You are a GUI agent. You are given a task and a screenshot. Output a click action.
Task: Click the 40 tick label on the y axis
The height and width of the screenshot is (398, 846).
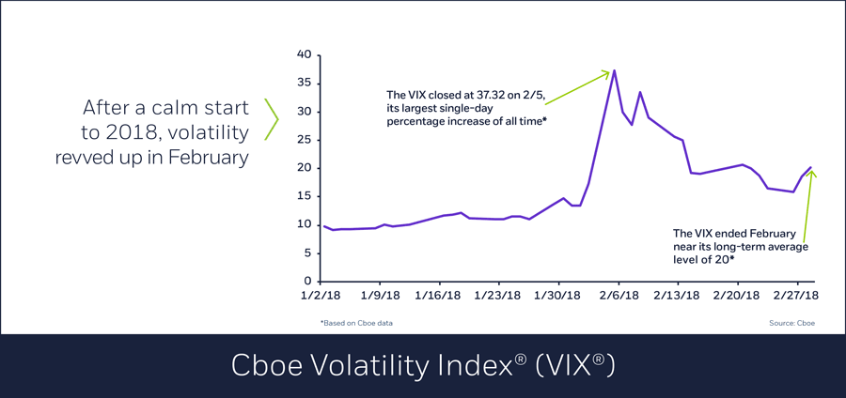click(x=304, y=54)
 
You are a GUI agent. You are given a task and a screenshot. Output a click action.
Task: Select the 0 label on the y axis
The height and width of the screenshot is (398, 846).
click(x=307, y=281)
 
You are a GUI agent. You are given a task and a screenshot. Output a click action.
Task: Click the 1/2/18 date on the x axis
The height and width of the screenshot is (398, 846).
click(x=321, y=296)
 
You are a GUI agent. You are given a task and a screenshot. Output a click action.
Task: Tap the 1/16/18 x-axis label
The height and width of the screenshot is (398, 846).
click(x=439, y=296)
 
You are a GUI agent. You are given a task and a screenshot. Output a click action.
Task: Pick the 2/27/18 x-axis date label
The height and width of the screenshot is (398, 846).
click(x=797, y=296)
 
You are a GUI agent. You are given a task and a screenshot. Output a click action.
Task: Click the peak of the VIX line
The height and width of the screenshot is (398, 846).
click(x=614, y=70)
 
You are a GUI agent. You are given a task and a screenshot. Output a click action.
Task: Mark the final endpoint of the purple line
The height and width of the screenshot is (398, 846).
click(x=810, y=167)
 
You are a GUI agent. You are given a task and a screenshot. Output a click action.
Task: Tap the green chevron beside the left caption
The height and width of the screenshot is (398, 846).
click(x=272, y=120)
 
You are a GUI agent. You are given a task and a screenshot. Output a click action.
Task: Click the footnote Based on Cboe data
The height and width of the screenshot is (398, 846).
click(x=357, y=323)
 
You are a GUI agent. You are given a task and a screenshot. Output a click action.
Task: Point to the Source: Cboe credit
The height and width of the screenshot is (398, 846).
click(x=791, y=323)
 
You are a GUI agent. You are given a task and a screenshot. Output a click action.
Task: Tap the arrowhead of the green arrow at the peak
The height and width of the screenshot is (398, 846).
click(x=607, y=71)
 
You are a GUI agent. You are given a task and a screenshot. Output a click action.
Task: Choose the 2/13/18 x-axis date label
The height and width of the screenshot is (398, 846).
click(x=677, y=296)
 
